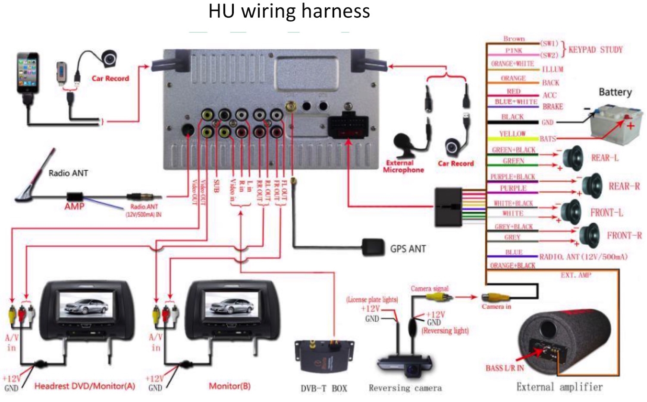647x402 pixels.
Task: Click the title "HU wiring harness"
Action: point(289,11)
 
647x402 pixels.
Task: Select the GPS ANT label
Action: point(408,249)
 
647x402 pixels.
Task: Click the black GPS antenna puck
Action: point(373,247)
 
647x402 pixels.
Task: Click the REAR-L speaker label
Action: point(604,158)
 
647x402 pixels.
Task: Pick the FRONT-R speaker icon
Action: point(589,236)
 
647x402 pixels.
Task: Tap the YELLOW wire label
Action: point(512,134)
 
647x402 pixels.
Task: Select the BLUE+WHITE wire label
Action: point(516,102)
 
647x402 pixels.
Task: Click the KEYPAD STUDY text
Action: point(595,50)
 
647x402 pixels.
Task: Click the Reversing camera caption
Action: point(405,388)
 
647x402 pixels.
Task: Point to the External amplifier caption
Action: point(559,387)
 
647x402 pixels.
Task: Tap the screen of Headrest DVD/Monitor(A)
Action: point(86,305)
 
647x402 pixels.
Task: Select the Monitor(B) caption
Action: point(229,386)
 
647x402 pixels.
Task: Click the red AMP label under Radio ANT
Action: point(74,206)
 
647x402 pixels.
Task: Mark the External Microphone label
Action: point(403,166)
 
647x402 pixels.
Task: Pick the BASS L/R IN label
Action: point(505,368)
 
